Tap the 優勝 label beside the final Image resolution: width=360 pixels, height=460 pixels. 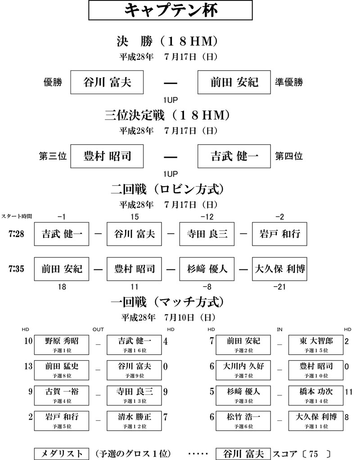pos(53,82)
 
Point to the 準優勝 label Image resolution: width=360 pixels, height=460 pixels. pos(289,82)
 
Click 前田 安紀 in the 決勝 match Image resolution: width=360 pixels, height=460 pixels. pos(234,82)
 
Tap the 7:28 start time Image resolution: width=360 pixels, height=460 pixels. pos(16,234)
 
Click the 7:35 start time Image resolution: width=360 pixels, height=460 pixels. pos(16,269)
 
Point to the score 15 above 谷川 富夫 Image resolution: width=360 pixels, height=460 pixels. pos(135,217)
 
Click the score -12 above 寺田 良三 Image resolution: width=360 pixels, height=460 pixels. pos(207,217)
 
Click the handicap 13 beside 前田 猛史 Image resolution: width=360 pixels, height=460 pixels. pos(28,366)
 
